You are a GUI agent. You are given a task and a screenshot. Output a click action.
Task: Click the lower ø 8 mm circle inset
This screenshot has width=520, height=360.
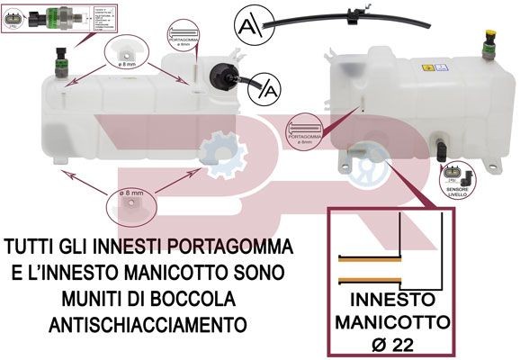127,203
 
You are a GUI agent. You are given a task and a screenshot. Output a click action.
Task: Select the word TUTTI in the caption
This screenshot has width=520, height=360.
29,246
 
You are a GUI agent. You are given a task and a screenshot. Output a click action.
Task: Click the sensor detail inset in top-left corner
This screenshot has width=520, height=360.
46,17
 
